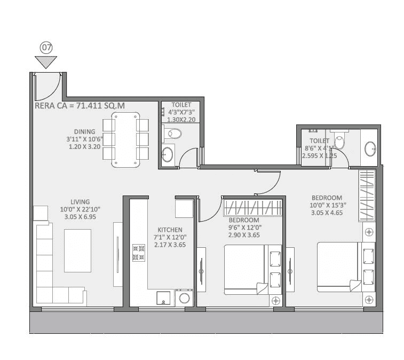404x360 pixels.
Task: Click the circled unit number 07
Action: (46, 48)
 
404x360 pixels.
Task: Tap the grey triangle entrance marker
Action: (46, 61)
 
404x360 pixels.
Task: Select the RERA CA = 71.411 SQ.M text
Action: (80, 106)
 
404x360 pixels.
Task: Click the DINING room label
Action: (85, 131)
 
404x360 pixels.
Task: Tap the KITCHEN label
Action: (162, 230)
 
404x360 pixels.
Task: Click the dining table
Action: (125, 140)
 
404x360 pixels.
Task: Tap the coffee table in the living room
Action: (77, 251)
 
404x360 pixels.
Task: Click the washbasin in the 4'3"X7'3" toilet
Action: (168, 155)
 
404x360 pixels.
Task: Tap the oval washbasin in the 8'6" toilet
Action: (370, 148)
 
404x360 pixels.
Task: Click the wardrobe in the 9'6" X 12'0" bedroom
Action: (252, 208)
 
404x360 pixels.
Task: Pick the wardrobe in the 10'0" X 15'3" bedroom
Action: (367, 195)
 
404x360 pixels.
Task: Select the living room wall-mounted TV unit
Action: (117, 254)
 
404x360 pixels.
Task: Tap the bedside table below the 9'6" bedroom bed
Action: (275, 301)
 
